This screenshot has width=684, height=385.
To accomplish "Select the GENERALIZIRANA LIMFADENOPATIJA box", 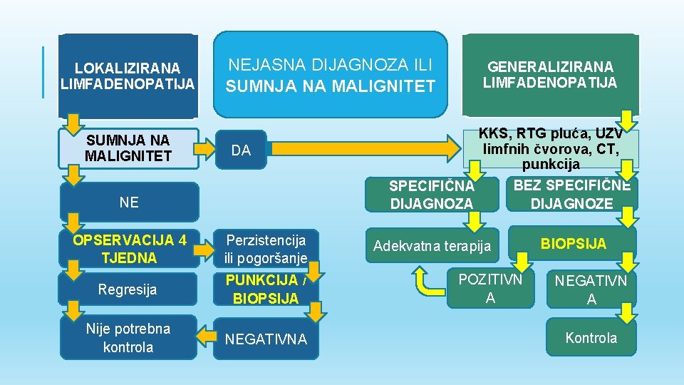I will tap(550, 75).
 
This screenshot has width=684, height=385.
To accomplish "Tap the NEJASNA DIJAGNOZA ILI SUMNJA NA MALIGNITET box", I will tap(331, 76).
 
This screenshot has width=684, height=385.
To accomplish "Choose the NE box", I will tap(129, 202).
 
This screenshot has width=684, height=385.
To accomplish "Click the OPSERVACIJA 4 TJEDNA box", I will tap(129, 249).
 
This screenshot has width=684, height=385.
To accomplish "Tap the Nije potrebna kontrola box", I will tap(129, 337).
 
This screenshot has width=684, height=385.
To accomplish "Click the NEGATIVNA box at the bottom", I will tap(266, 339).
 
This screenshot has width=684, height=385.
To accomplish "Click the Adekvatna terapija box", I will tap(433, 246).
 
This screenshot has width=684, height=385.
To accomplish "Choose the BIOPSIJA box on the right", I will tap(573, 244).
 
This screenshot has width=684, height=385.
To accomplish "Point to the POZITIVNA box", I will tap(490, 289).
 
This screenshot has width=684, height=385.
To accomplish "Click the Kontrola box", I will tap(591, 338).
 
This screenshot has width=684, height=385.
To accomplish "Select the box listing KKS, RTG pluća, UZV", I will tap(550, 149).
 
